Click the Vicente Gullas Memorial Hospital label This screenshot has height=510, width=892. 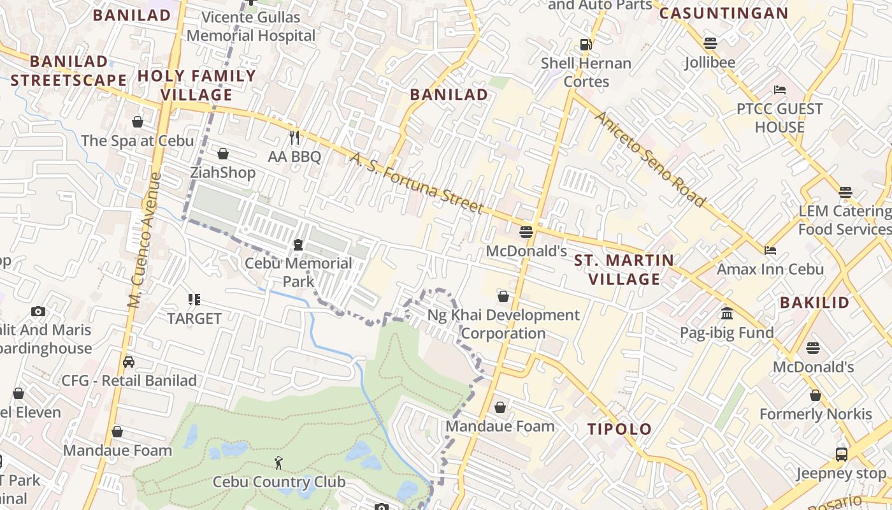(x=251, y=26)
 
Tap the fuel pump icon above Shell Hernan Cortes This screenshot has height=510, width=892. (x=586, y=45)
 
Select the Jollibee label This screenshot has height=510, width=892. (x=710, y=62)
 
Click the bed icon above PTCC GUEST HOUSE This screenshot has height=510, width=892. (x=780, y=90)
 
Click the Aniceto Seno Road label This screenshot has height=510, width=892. (x=651, y=159)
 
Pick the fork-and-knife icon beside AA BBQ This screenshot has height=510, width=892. (x=294, y=137)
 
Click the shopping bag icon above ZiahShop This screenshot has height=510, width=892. (x=223, y=154)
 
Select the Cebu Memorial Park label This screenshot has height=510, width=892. (x=298, y=272)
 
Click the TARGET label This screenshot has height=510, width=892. (x=194, y=318)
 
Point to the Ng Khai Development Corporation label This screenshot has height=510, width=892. (x=503, y=324)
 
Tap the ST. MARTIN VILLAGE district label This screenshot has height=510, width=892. (x=624, y=270)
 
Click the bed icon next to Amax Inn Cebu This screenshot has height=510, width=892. (x=770, y=251)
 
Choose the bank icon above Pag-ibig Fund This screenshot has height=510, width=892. (x=726, y=314)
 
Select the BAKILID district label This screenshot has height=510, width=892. (x=814, y=302)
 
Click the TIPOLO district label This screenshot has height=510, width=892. (x=619, y=429)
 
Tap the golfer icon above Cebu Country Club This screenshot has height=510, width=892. (x=278, y=463)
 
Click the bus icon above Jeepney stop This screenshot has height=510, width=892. (x=842, y=455)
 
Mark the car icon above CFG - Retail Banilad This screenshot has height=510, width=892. (x=129, y=362)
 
